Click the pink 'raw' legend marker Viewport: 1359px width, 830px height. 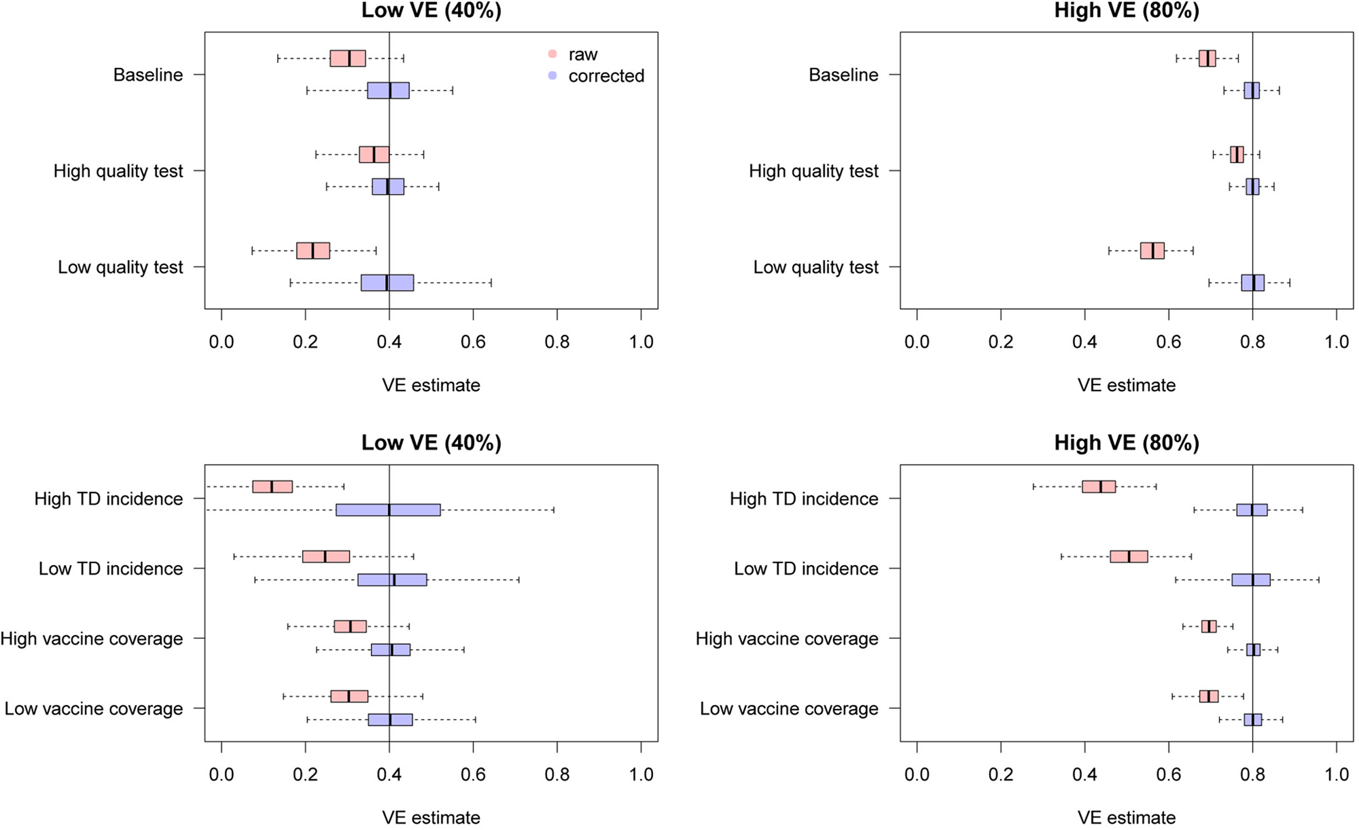click(552, 54)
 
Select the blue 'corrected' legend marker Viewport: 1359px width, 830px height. click(552, 76)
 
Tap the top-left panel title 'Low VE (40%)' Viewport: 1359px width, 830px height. click(431, 11)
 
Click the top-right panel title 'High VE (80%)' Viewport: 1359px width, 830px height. click(1127, 11)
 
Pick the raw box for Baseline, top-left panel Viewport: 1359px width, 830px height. click(348, 58)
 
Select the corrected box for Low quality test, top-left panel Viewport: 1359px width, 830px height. click(387, 283)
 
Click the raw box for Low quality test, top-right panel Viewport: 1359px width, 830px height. click(1152, 251)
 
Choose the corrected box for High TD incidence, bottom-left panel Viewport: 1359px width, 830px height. click(388, 510)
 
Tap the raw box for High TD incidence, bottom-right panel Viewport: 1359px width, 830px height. click(1099, 486)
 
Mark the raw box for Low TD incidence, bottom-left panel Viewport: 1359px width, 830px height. click(326, 557)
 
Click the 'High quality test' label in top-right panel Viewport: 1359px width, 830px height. click(813, 171)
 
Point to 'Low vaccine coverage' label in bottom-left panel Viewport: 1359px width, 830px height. click(94, 708)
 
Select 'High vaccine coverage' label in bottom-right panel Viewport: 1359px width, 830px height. click(787, 638)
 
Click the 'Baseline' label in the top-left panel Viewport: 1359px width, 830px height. click(148, 75)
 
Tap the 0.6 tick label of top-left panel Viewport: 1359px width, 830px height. click(473, 342)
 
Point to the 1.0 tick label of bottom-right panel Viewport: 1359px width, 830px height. click(1337, 774)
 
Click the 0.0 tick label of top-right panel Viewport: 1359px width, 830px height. click(917, 342)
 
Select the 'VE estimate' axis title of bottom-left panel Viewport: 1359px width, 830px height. click(431, 817)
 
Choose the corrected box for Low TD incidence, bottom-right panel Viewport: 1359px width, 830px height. click(1251, 580)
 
